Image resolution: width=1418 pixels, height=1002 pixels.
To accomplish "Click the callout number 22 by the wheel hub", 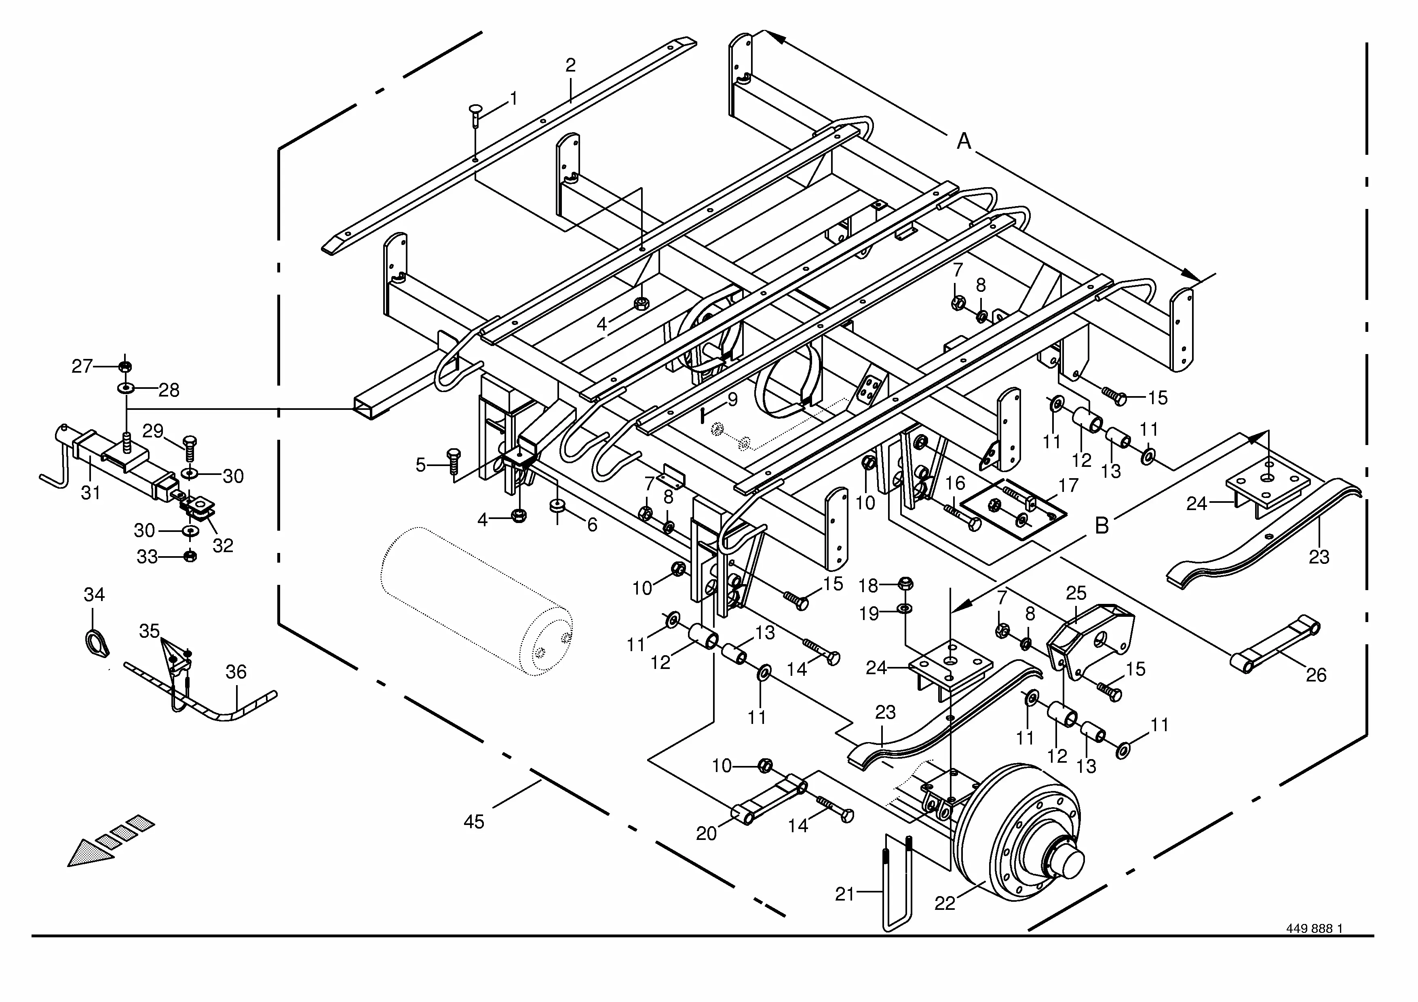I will pos(944,903).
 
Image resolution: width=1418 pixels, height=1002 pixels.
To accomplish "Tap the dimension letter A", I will pos(963,141).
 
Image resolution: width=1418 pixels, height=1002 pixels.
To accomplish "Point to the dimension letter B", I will pos(1101,525).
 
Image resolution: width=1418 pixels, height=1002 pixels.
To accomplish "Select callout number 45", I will pos(474,822).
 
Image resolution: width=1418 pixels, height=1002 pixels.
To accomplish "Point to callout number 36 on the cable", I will pos(236,672).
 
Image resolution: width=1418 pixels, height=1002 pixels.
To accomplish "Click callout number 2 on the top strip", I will pos(570,65).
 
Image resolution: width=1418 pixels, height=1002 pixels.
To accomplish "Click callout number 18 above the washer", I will pos(868,584).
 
